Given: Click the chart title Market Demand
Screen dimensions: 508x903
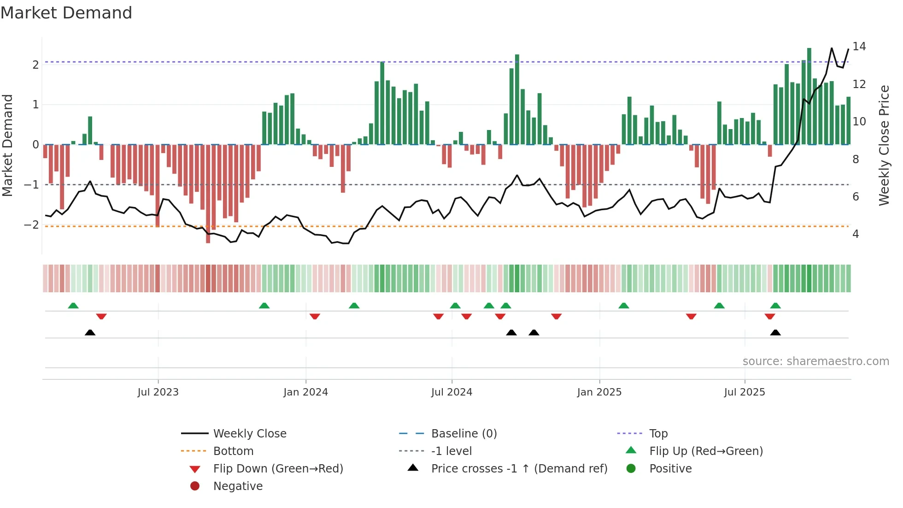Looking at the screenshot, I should pos(66,13).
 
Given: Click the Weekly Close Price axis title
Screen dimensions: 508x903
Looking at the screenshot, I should pos(884,145).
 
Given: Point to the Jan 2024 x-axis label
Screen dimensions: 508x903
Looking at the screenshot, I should pos(305,392).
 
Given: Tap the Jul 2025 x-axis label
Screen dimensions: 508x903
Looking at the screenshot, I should pos(744,392).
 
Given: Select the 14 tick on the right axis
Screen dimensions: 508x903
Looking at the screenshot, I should pos(859,47).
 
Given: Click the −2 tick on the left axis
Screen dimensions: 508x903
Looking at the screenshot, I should pos(31,225).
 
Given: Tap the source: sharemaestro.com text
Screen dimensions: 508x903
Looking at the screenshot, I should pos(815,361).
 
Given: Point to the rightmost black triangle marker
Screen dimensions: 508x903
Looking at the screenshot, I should pos(775,333).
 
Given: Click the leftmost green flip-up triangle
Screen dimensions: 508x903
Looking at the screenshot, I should pos(73,306).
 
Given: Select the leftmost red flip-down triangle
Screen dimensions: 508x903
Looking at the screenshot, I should pos(101,316).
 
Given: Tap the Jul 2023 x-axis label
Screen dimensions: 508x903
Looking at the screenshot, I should pos(158,392).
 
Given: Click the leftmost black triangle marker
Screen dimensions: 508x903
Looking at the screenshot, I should pos(90,333).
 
